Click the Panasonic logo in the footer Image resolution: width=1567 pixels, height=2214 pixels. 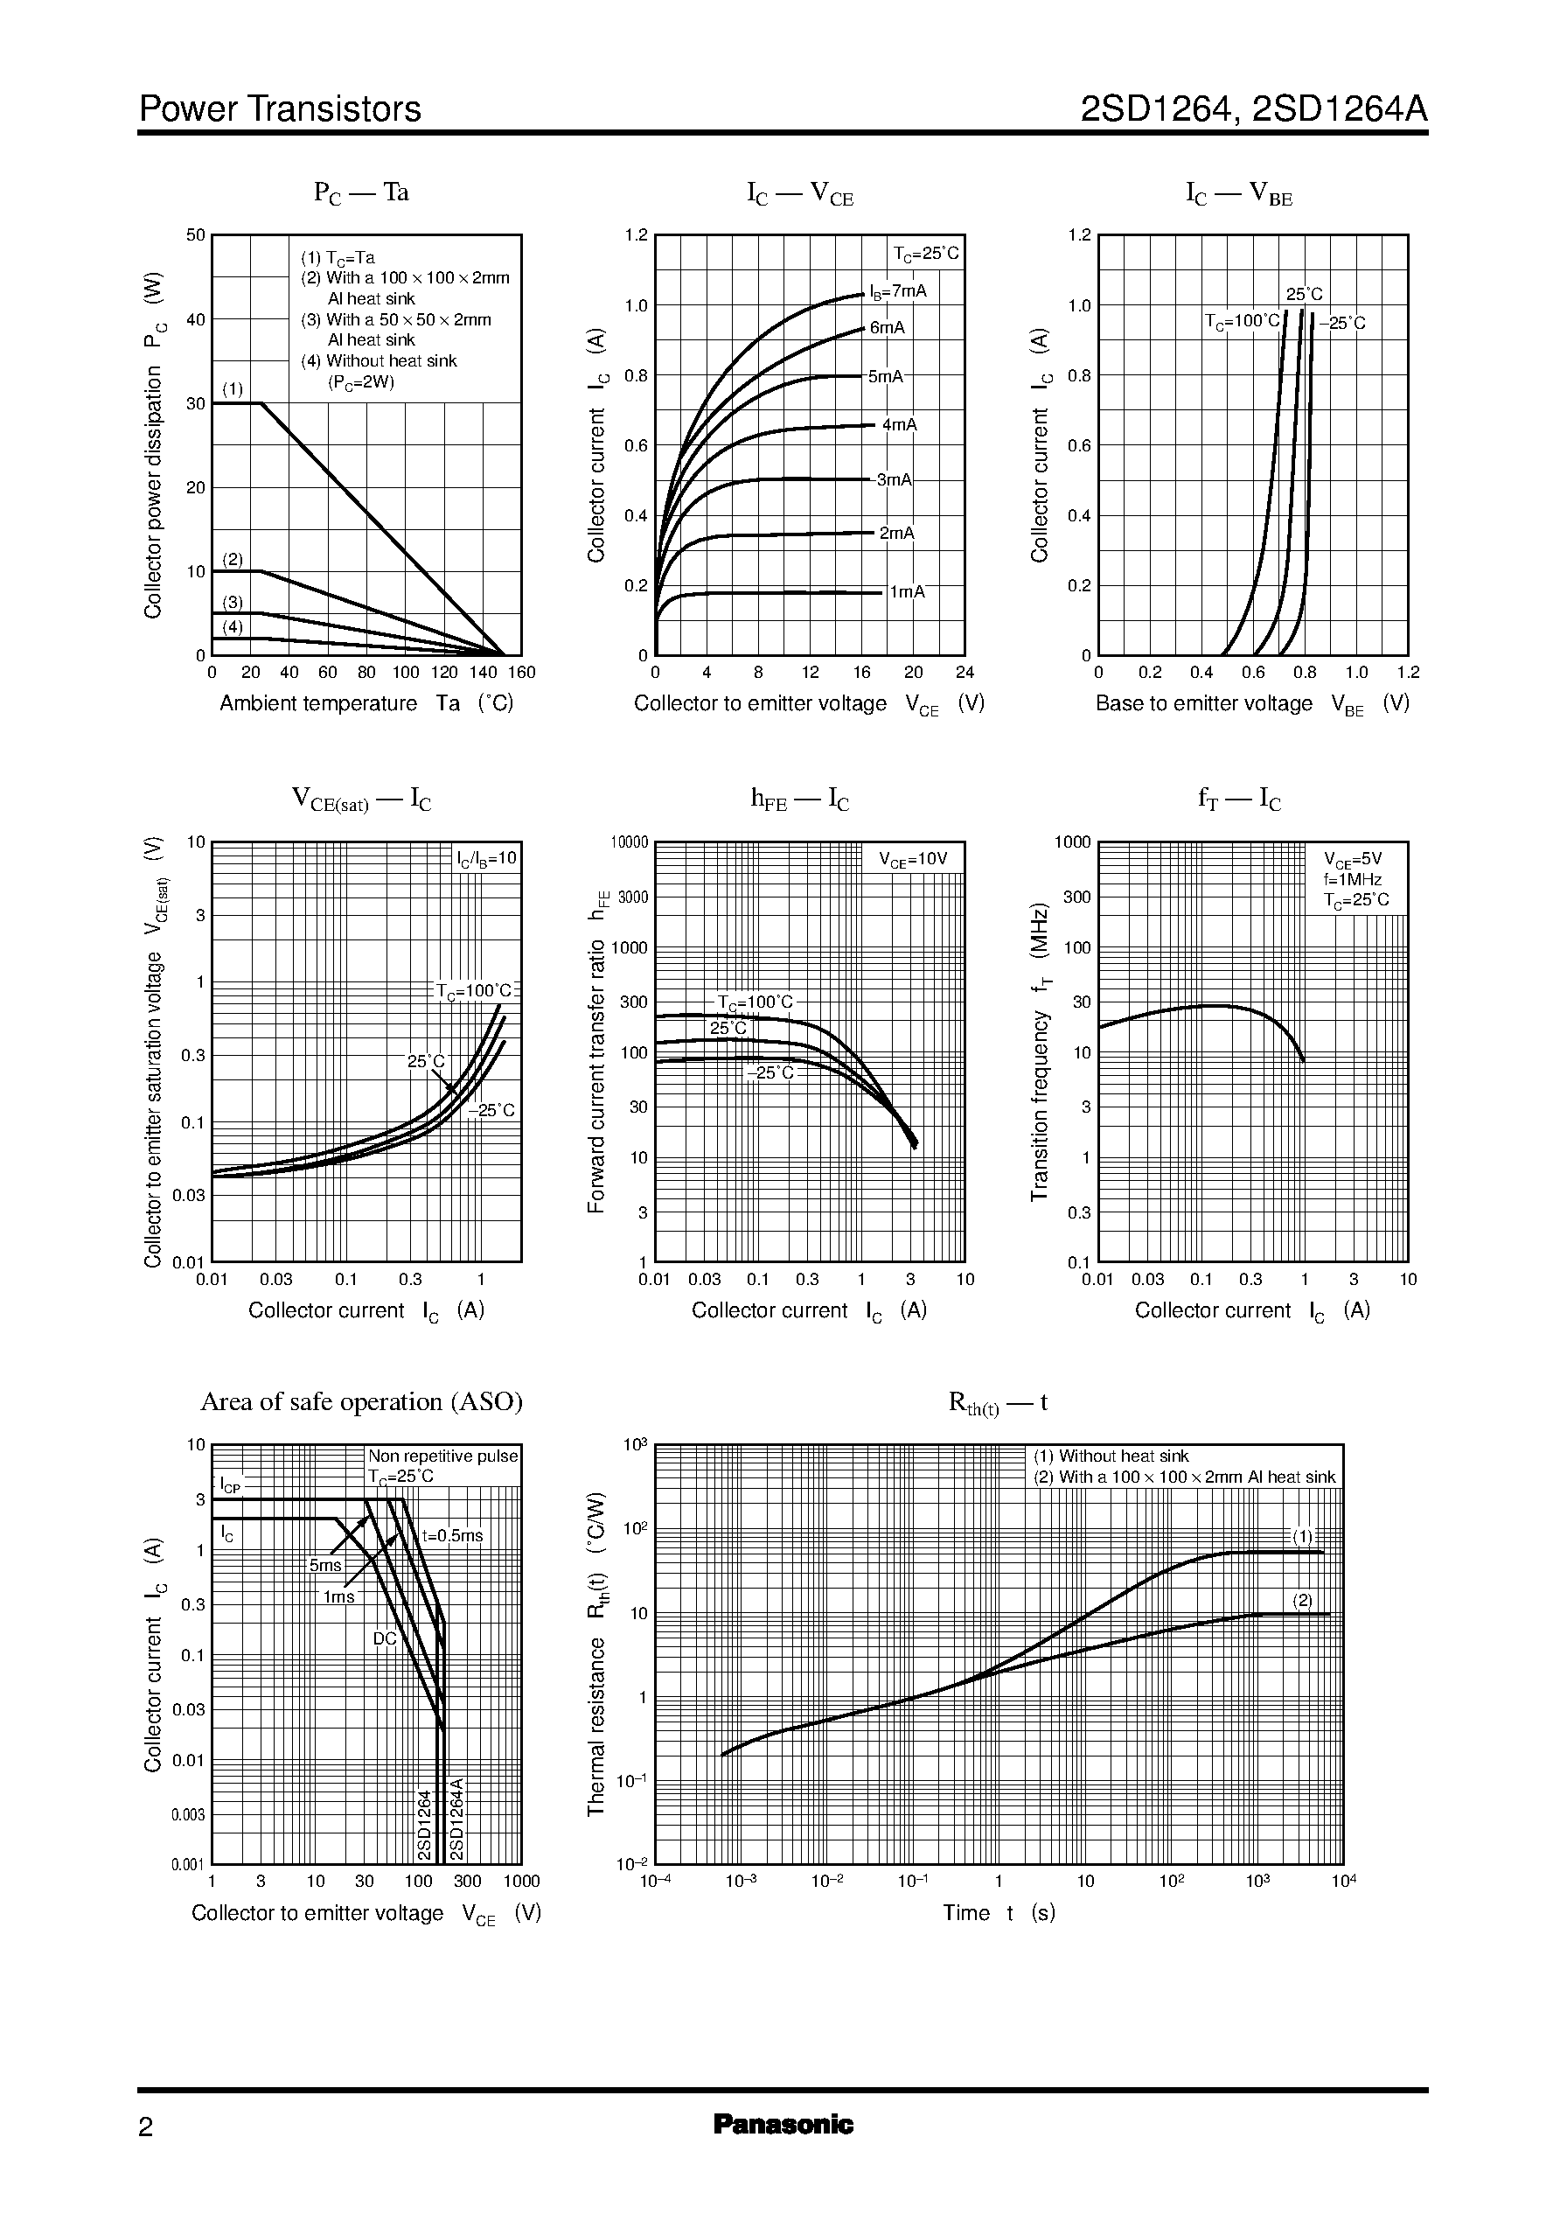pyautogui.click(x=783, y=2124)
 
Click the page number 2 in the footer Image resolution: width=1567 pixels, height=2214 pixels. pyautogui.click(x=146, y=2127)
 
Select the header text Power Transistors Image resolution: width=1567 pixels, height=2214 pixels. pyautogui.click(x=280, y=109)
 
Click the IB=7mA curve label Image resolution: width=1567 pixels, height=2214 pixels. pyautogui.click(x=897, y=290)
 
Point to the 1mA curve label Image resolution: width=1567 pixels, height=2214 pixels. pyautogui.click(x=907, y=591)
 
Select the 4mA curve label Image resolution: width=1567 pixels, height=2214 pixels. pyautogui.click(x=899, y=424)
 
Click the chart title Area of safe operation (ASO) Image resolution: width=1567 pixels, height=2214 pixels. pyautogui.click(x=361, y=1401)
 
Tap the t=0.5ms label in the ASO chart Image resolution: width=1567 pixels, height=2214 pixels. pyautogui.click(x=451, y=1536)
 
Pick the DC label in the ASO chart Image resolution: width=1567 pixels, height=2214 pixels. pyautogui.click(x=384, y=1638)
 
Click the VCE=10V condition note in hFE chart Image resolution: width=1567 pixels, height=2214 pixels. pyautogui.click(x=913, y=859)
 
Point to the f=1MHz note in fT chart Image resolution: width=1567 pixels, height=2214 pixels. pyautogui.click(x=1353, y=879)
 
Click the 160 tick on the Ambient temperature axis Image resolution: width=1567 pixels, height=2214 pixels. pyautogui.click(x=521, y=673)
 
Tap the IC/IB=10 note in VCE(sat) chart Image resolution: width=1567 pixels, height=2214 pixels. pyautogui.click(x=487, y=857)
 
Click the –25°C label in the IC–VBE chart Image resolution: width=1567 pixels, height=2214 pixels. pyautogui.click(x=1342, y=324)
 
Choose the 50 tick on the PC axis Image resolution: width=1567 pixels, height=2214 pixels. pyautogui.click(x=196, y=234)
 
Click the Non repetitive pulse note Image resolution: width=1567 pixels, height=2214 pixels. pyautogui.click(x=442, y=1456)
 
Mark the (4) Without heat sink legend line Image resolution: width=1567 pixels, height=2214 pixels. pyautogui.click(x=379, y=361)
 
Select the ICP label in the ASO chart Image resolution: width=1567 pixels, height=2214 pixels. pyautogui.click(x=230, y=1484)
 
